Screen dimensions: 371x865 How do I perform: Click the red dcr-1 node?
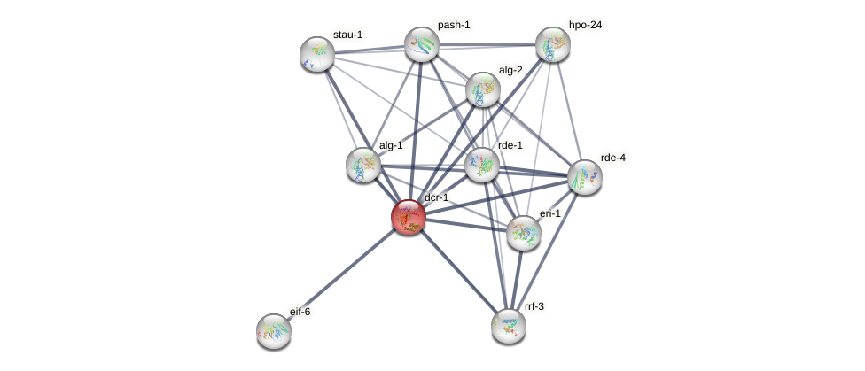[409, 217]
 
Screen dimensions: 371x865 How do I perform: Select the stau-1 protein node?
[316, 54]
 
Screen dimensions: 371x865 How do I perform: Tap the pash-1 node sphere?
[422, 43]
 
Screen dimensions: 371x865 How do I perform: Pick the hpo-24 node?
[552, 44]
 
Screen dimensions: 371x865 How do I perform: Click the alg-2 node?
[483, 89]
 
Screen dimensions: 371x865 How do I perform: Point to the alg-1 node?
[362, 164]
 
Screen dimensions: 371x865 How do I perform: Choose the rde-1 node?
[482, 164]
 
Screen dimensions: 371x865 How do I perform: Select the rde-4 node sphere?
[584, 177]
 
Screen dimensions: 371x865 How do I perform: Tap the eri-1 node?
[524, 233]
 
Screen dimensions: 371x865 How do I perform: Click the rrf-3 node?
[509, 326]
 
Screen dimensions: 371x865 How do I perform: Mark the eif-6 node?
[274, 331]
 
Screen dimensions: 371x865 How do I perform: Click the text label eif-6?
[300, 312]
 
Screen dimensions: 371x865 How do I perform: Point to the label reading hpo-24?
[585, 25]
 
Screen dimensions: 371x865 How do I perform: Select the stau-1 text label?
[347, 35]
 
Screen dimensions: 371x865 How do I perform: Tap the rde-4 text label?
[612, 158]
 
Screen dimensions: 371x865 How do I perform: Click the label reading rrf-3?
[534, 306]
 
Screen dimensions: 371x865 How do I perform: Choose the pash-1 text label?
[454, 25]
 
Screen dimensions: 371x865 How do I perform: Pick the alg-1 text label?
[391, 145]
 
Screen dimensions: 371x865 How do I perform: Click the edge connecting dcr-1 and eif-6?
[341, 274]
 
